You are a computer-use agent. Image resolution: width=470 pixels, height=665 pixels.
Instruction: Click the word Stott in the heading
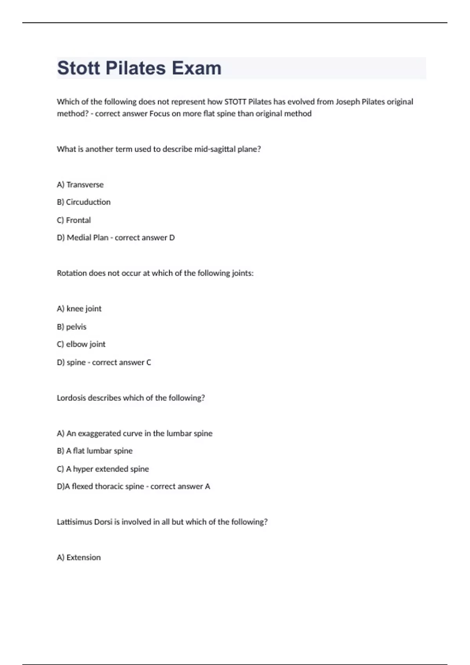tap(78, 68)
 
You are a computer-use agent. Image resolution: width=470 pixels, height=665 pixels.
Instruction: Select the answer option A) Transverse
tap(80, 185)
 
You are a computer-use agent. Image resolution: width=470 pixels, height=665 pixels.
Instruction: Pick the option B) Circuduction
tap(84, 202)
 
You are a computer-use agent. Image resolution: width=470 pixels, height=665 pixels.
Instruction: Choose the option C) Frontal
tap(74, 220)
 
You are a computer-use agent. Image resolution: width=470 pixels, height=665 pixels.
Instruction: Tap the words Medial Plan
tap(87, 238)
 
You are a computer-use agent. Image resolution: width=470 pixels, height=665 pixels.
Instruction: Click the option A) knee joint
tap(79, 309)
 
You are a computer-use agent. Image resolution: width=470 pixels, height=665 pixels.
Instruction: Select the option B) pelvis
tap(72, 327)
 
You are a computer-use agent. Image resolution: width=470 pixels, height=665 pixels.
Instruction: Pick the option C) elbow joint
tap(81, 344)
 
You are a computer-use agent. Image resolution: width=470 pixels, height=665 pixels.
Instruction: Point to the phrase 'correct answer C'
tap(121, 362)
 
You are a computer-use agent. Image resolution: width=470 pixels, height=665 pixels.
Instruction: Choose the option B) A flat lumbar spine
tap(95, 451)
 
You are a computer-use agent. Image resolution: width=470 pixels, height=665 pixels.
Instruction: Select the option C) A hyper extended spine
tap(103, 469)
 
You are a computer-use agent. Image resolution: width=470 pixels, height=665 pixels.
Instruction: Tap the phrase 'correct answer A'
tap(180, 486)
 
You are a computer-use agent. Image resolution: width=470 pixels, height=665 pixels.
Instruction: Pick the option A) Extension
tap(79, 557)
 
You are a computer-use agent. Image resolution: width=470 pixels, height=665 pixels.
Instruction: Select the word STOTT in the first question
tap(235, 102)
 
